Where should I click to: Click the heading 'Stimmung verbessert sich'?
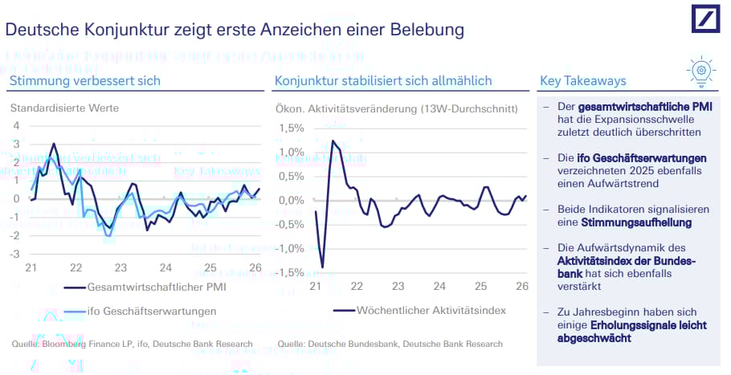click(85, 81)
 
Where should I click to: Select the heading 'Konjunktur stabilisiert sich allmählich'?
click(383, 81)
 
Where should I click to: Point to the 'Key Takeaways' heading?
click(583, 81)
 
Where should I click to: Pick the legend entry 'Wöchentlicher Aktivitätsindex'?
click(431, 310)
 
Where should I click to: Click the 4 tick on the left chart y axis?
click(17, 125)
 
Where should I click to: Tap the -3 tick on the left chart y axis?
click(14, 255)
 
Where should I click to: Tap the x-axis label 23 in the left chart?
click(120, 268)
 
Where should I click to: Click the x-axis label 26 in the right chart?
click(521, 286)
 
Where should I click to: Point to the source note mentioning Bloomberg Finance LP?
click(133, 344)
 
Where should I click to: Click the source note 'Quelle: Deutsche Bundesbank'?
click(390, 344)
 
